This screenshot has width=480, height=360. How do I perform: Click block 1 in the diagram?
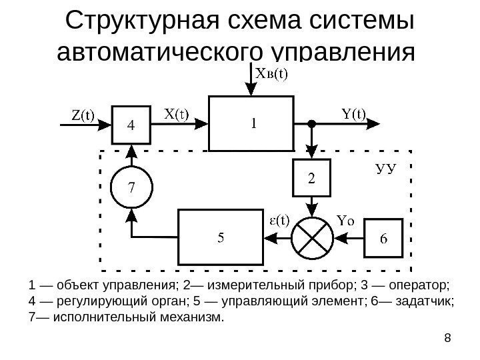252,123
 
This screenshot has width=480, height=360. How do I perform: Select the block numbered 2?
311,178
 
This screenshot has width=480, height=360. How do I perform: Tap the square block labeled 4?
130,125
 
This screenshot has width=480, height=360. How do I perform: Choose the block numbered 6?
384,237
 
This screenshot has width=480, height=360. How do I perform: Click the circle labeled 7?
131,186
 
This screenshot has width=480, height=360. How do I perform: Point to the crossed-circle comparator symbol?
311,235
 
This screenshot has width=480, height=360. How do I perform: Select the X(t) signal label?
176,115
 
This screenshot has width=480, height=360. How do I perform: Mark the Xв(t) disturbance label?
272,75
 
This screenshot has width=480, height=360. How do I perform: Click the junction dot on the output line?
311,123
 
